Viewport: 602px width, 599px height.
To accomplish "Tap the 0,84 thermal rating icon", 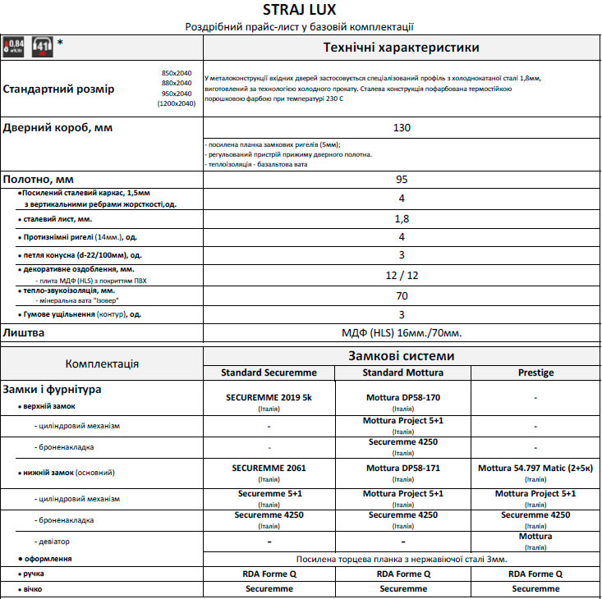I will point(14,47).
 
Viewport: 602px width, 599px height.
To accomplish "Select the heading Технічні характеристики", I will point(401,48).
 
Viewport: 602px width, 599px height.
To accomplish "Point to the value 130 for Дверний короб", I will point(402,128).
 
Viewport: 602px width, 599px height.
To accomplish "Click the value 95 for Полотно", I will point(402,179).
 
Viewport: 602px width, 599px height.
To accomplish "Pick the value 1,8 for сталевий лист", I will point(402,219).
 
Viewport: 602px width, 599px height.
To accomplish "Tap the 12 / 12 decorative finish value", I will point(402,275).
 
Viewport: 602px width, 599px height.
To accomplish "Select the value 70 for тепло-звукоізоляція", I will point(402,295).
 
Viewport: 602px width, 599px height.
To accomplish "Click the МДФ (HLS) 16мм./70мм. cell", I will point(402,333).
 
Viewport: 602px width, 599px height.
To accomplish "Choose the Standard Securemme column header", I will point(269,373).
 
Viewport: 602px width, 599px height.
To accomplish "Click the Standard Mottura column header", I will point(402,373).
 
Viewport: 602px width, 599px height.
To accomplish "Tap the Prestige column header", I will point(535,373).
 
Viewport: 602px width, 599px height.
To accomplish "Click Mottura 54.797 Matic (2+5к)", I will point(535,468).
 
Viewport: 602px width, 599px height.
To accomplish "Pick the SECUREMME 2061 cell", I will point(269,468).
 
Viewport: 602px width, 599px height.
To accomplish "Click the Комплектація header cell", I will point(102,364).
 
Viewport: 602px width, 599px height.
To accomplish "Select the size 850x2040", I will point(177,73).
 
